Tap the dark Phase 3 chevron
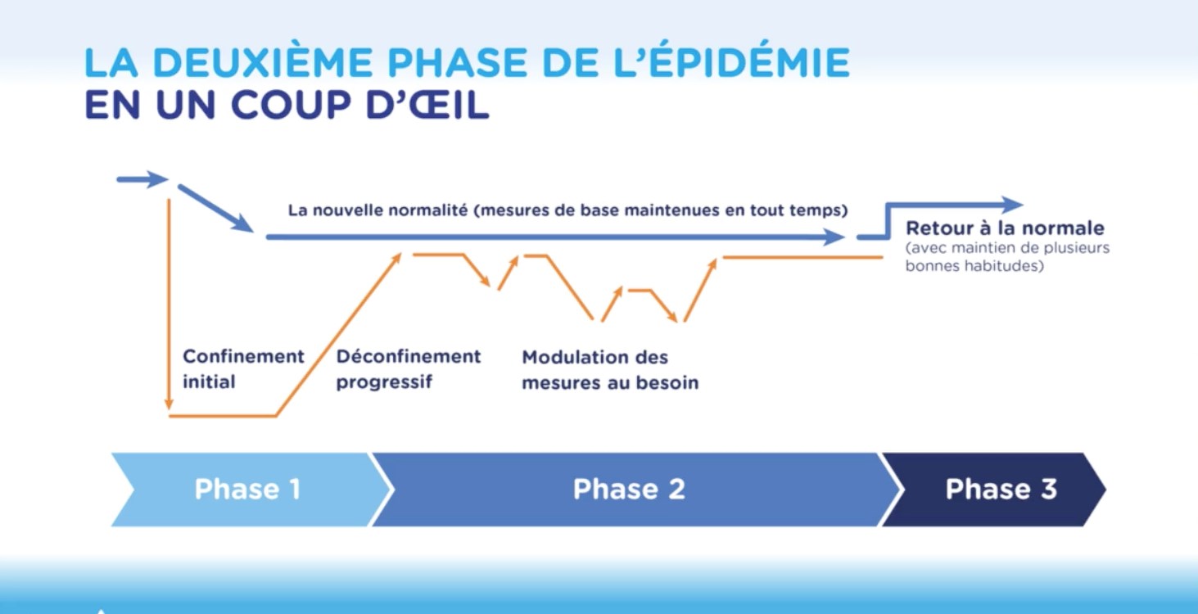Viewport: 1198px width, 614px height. (x=995, y=490)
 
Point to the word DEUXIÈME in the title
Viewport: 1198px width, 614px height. (x=263, y=62)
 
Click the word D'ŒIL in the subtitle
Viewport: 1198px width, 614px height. (x=427, y=103)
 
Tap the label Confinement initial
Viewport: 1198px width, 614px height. (x=243, y=369)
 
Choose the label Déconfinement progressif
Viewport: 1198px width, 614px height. (x=409, y=369)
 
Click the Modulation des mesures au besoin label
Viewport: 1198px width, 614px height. (x=610, y=369)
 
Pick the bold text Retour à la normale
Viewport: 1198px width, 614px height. (x=1005, y=228)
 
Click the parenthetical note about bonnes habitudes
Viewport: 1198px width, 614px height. (x=1007, y=257)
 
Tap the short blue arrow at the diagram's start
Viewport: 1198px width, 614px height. (x=142, y=180)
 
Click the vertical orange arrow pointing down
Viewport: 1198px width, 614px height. (x=169, y=305)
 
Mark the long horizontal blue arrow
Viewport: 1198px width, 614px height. (x=555, y=237)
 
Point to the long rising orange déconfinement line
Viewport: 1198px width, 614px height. (x=338, y=334)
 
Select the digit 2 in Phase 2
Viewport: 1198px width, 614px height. (x=676, y=490)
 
